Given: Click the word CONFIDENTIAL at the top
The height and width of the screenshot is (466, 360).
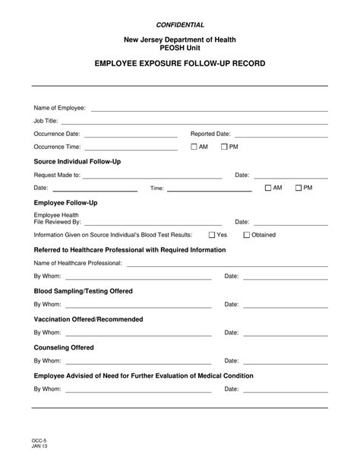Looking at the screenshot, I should pos(180,25).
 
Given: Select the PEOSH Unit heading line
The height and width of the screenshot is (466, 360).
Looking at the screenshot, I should pos(180,47).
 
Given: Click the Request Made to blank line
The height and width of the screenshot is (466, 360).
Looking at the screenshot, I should pos(152,176).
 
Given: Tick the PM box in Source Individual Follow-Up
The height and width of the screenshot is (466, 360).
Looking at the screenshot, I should pos(298,188).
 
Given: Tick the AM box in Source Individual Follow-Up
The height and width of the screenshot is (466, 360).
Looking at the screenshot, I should pos(268,188).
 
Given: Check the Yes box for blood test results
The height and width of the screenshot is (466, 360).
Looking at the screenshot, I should pos(212,236).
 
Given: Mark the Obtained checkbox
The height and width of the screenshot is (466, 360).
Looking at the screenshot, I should pos(246,236).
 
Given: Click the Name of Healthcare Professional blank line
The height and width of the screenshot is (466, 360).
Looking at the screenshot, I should pos(227,264).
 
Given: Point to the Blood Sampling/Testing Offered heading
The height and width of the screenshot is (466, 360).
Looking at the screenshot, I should pos(83,291).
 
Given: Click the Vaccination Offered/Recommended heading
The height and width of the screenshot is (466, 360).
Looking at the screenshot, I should pos(88,319).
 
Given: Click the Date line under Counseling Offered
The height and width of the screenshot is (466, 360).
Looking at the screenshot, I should pos(285,362).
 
